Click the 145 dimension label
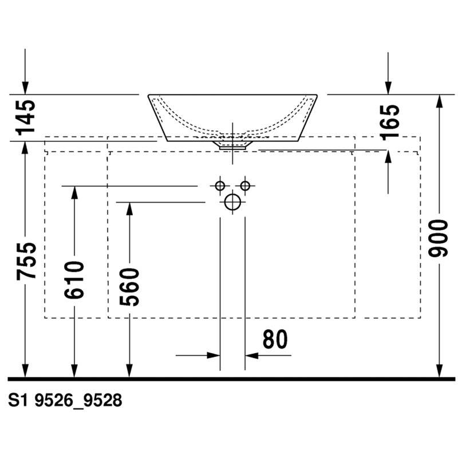click(26, 118)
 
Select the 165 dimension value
click(389, 122)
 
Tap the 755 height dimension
click(26, 261)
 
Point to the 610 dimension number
click(74, 280)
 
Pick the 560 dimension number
click(129, 287)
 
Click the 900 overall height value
click(438, 238)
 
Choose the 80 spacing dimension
click(275, 339)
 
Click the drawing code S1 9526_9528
click(65, 400)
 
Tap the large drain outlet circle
click(232, 202)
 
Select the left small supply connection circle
click(220, 185)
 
